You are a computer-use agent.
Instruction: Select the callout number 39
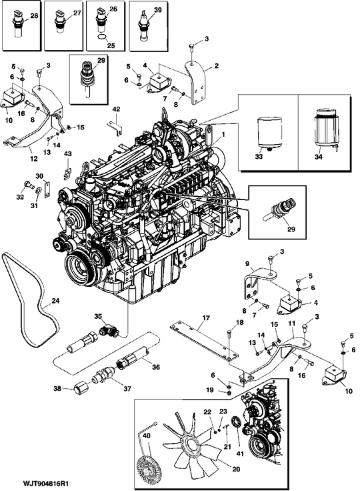point(157,11)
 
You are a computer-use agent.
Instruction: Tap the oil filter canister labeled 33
point(267,133)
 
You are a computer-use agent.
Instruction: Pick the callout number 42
point(116,109)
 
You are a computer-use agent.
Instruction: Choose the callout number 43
point(67,154)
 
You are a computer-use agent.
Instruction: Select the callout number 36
point(156,366)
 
